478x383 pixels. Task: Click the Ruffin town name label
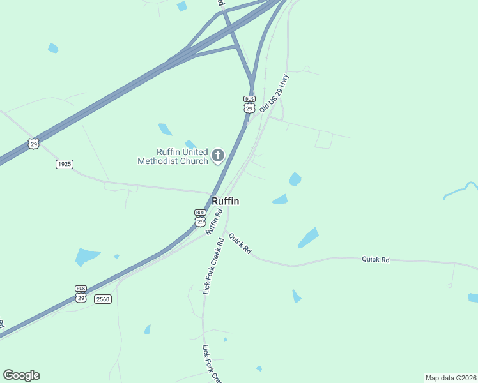225,201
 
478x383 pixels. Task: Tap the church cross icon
218,155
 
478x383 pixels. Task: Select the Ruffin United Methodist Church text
173,156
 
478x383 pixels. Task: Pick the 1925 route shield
64,164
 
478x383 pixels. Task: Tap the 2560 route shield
102,299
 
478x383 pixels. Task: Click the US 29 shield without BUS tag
34,144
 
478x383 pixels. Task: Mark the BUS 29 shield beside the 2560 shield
81,294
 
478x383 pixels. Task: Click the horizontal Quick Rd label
375,259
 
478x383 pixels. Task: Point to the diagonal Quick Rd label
240,244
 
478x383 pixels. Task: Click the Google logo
21,375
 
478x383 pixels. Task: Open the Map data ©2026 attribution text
451,377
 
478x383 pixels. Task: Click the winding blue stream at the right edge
461,190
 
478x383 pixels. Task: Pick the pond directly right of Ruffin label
280,200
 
